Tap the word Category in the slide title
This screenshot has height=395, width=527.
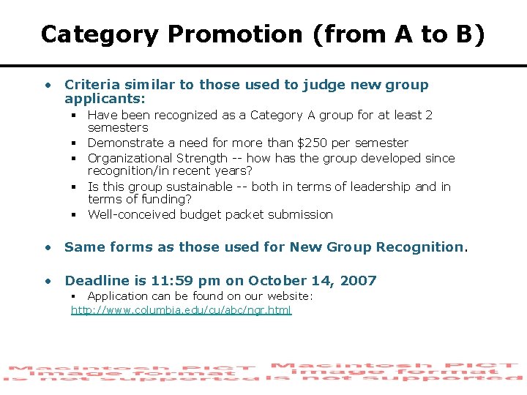tap(99, 34)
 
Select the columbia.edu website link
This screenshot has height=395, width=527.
tap(181, 310)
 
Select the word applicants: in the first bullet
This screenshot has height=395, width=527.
tap(105, 98)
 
